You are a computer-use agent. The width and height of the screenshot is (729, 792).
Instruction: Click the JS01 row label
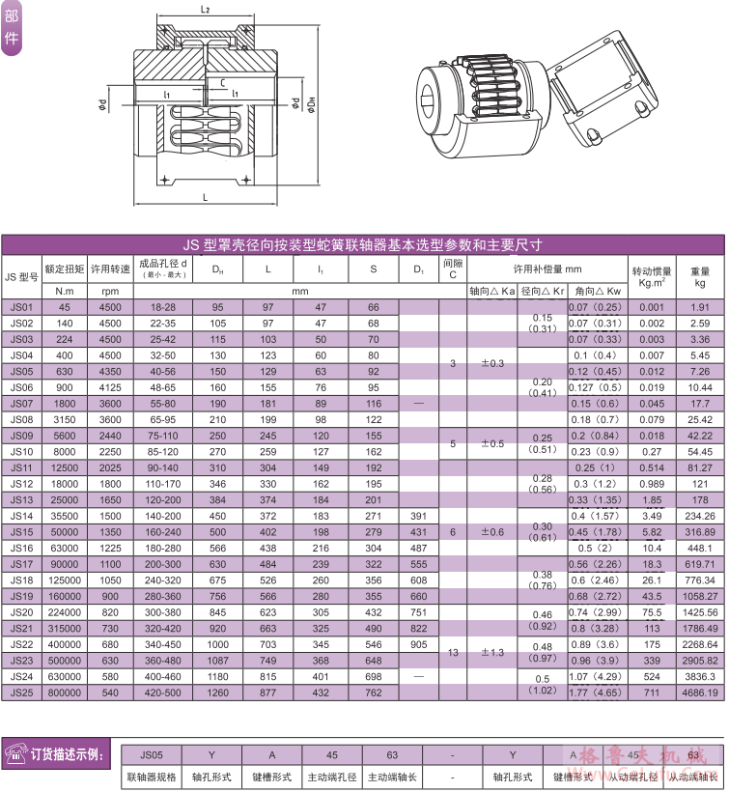(x=21, y=307)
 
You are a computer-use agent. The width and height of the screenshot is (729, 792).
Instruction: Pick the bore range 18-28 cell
(x=163, y=307)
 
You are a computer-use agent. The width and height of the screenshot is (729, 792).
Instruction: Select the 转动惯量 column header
(x=652, y=276)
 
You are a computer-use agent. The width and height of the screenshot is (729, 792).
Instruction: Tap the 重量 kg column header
(x=701, y=276)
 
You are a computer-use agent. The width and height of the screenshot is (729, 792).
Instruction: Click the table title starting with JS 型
(x=363, y=244)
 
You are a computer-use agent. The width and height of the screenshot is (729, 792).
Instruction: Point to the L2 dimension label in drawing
(x=207, y=10)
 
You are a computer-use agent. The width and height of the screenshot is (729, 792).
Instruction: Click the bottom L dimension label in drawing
(x=205, y=197)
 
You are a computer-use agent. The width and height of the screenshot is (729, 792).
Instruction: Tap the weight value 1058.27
(x=701, y=596)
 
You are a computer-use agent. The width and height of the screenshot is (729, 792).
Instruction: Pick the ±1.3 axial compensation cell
(x=492, y=652)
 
